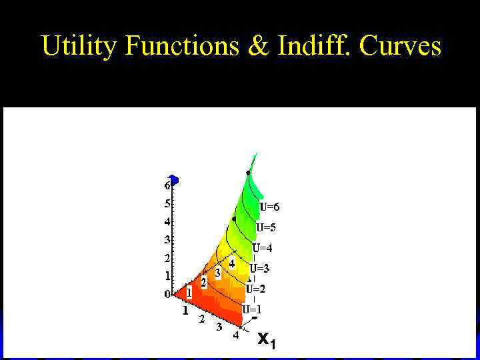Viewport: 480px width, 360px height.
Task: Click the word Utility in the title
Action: tap(79, 46)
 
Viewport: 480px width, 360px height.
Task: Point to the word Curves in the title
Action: tap(401, 46)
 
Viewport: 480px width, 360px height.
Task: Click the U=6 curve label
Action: tap(270, 207)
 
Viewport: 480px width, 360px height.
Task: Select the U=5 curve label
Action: tap(266, 227)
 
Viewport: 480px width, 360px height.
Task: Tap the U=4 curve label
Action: tap(262, 248)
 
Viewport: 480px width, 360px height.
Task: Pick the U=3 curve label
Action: tap(259, 269)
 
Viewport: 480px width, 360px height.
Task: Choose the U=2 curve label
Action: tap(255, 289)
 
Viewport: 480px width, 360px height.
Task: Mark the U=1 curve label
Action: tap(251, 309)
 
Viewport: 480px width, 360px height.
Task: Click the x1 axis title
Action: tap(266, 340)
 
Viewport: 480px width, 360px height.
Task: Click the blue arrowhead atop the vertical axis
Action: tap(173, 179)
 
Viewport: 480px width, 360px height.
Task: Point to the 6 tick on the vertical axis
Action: tap(167, 186)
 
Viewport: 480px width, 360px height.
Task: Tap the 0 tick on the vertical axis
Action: tap(167, 294)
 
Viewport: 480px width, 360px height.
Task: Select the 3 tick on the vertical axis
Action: tap(167, 239)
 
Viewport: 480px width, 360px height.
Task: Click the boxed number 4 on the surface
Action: tap(232, 264)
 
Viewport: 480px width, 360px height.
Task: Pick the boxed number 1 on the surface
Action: tap(189, 292)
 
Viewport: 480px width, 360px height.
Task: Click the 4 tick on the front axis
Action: tap(235, 335)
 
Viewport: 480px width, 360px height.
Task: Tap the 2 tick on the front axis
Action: tap(202, 319)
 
